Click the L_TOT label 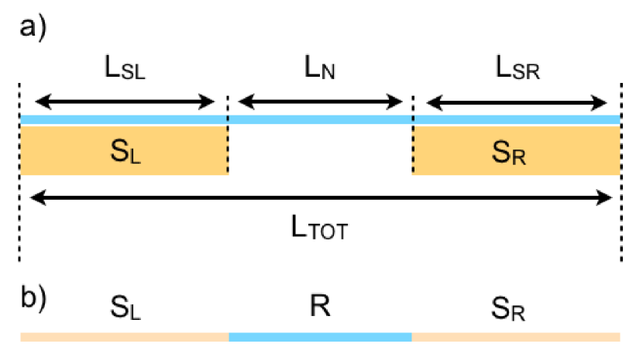[x=320, y=229]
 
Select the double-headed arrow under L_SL [x=125, y=101]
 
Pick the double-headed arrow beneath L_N [x=320, y=101]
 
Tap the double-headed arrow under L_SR [x=517, y=101]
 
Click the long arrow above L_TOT [x=320, y=199]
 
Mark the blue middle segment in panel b [x=320, y=337]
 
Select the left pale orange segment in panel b [x=124, y=337]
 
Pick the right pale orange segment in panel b [x=516, y=337]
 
